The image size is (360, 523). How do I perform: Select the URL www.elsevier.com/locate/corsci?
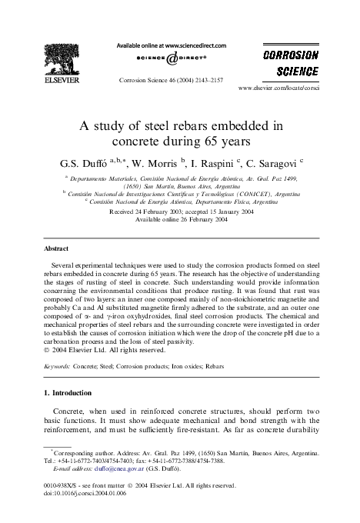point(291,88)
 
